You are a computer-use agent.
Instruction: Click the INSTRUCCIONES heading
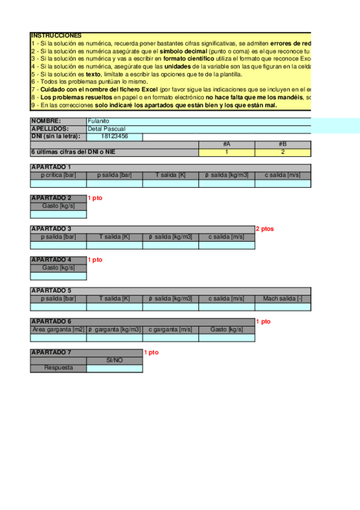pos(56,36)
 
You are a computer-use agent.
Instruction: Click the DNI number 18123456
pos(115,137)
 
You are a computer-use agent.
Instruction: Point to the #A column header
pos(227,144)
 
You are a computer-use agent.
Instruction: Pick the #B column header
pos(282,144)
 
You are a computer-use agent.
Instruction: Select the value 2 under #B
pos(282,152)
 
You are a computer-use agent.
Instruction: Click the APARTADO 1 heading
pos(51,167)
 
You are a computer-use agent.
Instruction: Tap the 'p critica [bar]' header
pos(58,175)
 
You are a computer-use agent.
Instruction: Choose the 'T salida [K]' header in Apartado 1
pos(171,175)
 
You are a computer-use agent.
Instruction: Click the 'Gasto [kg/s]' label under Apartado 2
pos(58,206)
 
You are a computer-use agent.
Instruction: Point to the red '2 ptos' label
pos(265,229)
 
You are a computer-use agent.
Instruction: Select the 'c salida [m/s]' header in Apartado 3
pos(227,237)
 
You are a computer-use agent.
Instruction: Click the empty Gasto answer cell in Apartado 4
pos(58,276)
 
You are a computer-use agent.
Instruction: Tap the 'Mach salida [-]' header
pos(282,299)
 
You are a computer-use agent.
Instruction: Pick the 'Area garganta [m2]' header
pos(58,330)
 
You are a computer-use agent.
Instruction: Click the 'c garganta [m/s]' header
pos(171,330)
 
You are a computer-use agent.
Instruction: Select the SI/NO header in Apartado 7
pos(114,360)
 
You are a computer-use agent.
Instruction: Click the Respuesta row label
pos(58,368)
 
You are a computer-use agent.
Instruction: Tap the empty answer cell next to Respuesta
pos(114,368)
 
